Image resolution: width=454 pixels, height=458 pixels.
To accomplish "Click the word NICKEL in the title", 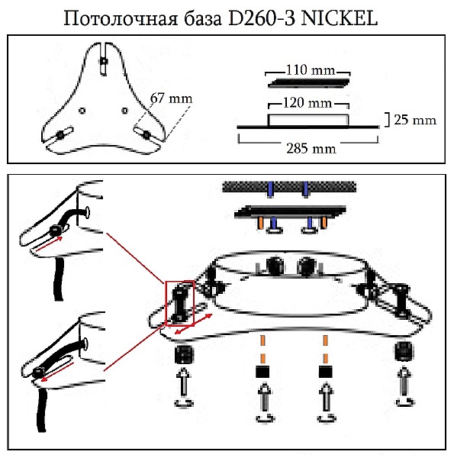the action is pyautogui.click(x=339, y=18).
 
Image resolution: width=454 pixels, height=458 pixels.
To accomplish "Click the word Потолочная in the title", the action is pyautogui.click(x=121, y=18).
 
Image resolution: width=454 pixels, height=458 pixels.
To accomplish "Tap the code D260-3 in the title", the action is pyautogui.click(x=261, y=18).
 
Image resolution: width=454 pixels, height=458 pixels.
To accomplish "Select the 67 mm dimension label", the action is pyautogui.click(x=172, y=98).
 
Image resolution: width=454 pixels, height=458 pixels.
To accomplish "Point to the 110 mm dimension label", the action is pyautogui.click(x=310, y=70).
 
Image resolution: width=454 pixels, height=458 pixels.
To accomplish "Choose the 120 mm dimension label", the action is pyautogui.click(x=307, y=103).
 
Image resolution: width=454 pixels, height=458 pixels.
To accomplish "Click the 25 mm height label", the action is pyautogui.click(x=415, y=120).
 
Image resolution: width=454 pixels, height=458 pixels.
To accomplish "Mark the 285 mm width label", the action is pyautogui.click(x=311, y=148).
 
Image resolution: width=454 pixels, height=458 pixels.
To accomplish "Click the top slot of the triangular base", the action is pyautogui.click(x=104, y=60).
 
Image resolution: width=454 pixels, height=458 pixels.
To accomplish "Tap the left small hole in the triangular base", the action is pyautogui.click(x=82, y=111).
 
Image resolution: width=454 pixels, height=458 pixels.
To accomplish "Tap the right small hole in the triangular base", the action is pyautogui.click(x=124, y=111).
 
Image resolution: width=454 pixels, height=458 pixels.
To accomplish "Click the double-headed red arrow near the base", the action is pyautogui.click(x=194, y=324).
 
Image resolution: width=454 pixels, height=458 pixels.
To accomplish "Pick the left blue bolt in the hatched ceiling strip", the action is pyautogui.click(x=271, y=189).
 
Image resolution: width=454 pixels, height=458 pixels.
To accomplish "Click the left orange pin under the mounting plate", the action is pyautogui.click(x=260, y=223).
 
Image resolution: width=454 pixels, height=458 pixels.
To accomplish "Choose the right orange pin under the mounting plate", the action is pyautogui.click(x=324, y=223).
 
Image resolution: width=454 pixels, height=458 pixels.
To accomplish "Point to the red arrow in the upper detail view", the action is pyautogui.click(x=49, y=244).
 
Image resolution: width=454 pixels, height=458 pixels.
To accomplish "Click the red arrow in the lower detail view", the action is pyautogui.click(x=57, y=371).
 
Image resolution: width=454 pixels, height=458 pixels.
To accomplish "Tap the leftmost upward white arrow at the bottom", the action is pyautogui.click(x=184, y=382).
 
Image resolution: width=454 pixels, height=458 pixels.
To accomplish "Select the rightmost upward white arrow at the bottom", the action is pyautogui.click(x=404, y=382).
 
